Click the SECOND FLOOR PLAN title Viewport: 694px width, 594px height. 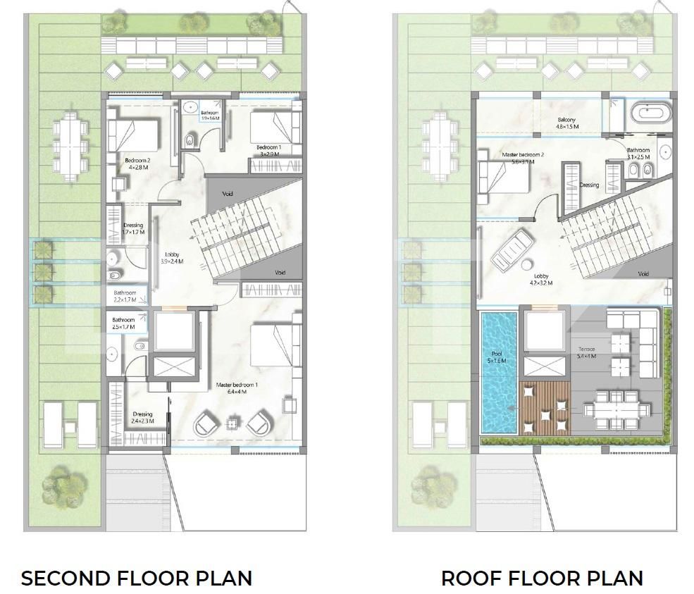136,578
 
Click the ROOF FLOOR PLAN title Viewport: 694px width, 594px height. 542,578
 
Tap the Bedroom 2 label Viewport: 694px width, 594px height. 138,164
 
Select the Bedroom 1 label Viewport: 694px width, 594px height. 268,150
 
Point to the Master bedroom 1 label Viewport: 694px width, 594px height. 237,388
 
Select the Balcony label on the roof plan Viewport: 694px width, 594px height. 566,123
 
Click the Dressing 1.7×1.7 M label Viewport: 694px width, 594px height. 133,229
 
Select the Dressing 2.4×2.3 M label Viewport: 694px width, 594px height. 142,418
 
